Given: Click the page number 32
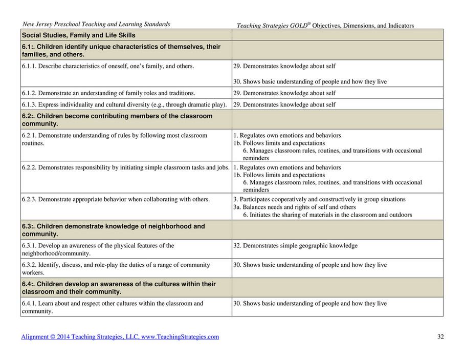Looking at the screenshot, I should tap(440, 337).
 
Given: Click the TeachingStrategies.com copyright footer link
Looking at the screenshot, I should tap(120, 337).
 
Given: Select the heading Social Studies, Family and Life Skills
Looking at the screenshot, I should tap(78, 35).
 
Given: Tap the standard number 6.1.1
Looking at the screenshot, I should tap(29, 66).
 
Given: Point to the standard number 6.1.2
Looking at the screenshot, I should tap(29, 93).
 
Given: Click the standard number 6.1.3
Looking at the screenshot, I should tap(29, 104).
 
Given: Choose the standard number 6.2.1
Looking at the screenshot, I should tap(29, 136).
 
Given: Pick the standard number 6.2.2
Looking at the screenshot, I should tap(29, 167).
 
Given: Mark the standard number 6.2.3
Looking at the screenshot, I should tap(29, 199).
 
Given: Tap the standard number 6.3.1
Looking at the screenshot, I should tap(29, 246).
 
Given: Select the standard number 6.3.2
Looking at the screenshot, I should tap(29, 265).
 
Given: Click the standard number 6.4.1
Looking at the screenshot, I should tap(29, 304).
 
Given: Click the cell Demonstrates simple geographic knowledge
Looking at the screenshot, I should tap(295, 246).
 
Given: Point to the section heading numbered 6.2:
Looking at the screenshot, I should tap(117, 120).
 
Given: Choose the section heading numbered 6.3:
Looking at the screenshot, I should tap(113, 230).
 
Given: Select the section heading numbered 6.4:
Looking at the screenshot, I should tap(119, 288).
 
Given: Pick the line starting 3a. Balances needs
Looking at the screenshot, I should tap(294, 207).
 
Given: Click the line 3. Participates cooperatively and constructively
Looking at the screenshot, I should tap(319, 199).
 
